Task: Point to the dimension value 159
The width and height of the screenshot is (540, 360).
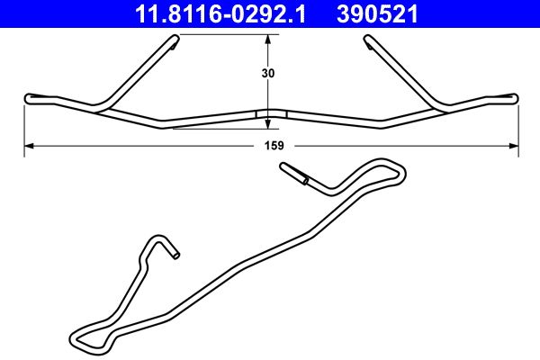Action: point(274,145)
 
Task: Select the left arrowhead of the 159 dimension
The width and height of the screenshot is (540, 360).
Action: point(28,144)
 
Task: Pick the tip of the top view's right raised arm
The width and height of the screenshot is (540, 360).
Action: point(369,38)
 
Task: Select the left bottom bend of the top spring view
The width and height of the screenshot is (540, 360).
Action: point(162,125)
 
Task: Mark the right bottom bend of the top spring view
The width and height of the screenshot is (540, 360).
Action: point(382,126)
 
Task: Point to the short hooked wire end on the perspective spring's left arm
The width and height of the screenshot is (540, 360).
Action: point(175,255)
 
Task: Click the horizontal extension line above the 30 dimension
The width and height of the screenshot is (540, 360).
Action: point(225,33)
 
